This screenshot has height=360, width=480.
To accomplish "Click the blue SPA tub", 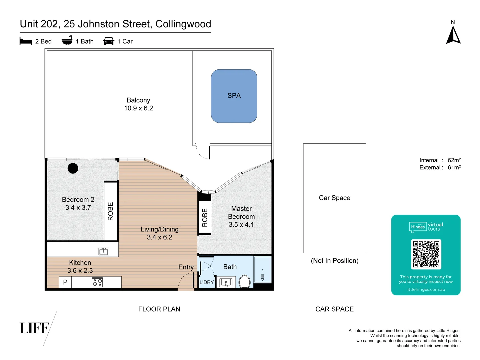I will [x=234, y=96].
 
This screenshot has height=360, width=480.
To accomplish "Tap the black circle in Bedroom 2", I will [x=73, y=168].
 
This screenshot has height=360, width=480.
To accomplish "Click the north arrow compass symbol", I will [x=453, y=35].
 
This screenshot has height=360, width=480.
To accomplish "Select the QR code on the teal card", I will [x=426, y=254].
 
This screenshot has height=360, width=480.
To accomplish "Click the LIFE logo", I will [x=35, y=328].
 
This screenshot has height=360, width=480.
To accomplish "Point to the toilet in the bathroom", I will [x=245, y=282].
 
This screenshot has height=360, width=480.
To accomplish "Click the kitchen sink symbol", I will [x=104, y=251].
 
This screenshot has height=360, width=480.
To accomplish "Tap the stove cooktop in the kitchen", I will [x=97, y=282].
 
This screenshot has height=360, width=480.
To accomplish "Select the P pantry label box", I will [x=65, y=282].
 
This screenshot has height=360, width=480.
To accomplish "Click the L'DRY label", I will [x=207, y=282].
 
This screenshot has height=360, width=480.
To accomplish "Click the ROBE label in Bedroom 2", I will [x=111, y=211].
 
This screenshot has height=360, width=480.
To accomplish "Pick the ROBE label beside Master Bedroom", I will [x=205, y=218].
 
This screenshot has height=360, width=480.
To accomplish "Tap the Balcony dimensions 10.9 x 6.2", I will [x=138, y=108].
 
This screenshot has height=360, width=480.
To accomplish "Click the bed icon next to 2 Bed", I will [x=26, y=41].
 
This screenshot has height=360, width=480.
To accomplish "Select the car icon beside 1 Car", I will [x=109, y=41].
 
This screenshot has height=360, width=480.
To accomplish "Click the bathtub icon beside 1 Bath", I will [x=67, y=41].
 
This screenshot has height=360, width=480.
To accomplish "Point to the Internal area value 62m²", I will [x=454, y=160].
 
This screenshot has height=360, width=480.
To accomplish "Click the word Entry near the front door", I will [x=186, y=267].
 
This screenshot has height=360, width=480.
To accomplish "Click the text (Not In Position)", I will [x=334, y=261].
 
